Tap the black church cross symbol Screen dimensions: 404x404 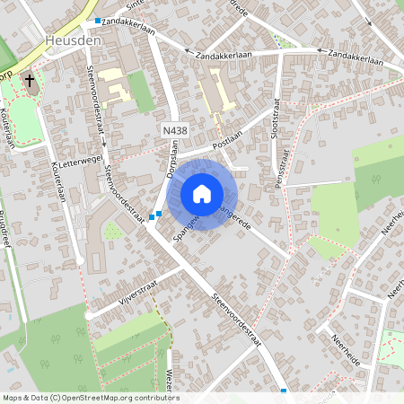pos(30,81)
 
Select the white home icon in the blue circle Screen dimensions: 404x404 pos(202,194)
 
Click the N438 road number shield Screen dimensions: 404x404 pos(174,131)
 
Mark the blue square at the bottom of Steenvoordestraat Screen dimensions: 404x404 pos(284,391)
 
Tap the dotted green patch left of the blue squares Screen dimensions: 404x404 pos(112,232)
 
